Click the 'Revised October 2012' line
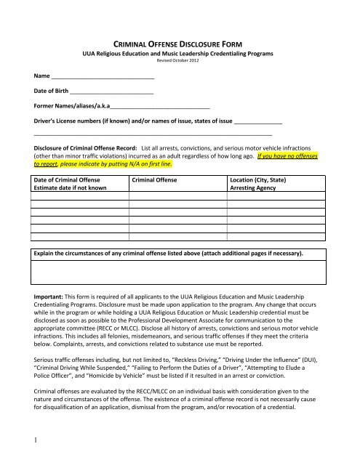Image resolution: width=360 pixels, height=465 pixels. (180, 61)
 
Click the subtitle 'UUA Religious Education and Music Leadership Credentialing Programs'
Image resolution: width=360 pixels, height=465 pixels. (180, 54)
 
